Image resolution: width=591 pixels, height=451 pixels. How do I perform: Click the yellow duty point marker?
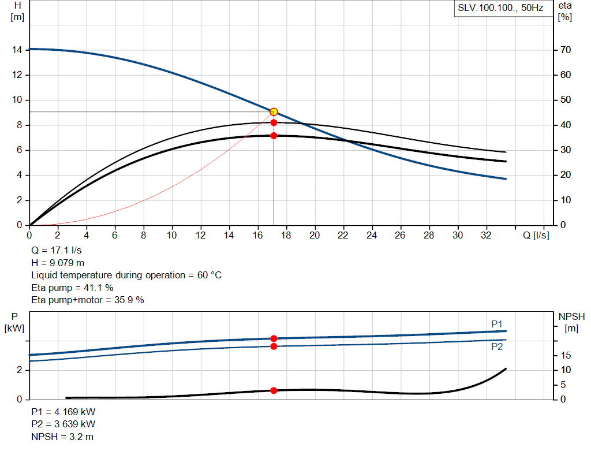tap(274, 111)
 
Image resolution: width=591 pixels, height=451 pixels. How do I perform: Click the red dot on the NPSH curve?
tap(274, 390)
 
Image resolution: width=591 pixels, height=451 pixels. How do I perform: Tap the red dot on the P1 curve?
tap(274, 338)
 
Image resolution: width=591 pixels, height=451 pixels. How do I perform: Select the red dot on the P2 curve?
tap(274, 346)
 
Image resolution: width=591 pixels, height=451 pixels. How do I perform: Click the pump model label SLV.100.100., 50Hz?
tap(500, 9)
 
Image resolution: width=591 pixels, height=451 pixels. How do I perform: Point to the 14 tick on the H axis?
tap(17, 50)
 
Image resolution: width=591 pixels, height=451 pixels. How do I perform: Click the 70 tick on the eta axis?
tap(565, 50)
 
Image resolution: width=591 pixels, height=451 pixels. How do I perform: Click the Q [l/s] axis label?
tap(536, 236)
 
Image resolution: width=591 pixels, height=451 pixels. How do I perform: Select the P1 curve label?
tap(497, 325)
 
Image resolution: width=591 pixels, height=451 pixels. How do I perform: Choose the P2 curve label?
tap(497, 347)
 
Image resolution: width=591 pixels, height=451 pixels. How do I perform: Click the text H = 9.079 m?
tap(58, 263)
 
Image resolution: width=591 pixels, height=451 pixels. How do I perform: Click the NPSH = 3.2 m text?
tap(62, 437)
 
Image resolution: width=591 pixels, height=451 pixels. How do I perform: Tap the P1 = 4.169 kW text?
tap(63, 412)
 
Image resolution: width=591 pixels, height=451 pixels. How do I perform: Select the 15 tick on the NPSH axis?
tap(566, 355)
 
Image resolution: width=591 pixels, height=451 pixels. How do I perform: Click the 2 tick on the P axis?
tap(20, 370)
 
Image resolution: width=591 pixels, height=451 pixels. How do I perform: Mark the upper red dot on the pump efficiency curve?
tap(274, 122)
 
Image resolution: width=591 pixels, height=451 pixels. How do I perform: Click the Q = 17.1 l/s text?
tap(57, 251)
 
